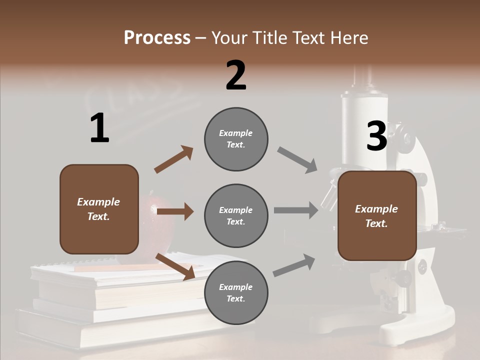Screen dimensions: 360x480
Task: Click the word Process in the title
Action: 157,37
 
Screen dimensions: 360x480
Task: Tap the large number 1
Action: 99,128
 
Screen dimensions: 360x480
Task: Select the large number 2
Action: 236,75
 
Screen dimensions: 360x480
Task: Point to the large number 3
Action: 377,136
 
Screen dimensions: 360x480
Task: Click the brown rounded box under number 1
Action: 99,209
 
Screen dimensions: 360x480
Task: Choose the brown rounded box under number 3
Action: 377,216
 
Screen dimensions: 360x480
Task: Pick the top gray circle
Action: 236,139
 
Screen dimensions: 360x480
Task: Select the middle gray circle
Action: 236,215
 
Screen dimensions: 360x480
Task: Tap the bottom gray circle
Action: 236,292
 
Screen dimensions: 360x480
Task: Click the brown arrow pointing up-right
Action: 174,159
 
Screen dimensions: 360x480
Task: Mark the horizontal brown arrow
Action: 175,211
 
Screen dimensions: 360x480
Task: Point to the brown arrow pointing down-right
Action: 175,266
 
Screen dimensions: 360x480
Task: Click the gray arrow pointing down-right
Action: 297,159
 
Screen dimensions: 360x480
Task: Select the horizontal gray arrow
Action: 295,210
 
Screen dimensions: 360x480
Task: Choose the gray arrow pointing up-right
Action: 294,265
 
